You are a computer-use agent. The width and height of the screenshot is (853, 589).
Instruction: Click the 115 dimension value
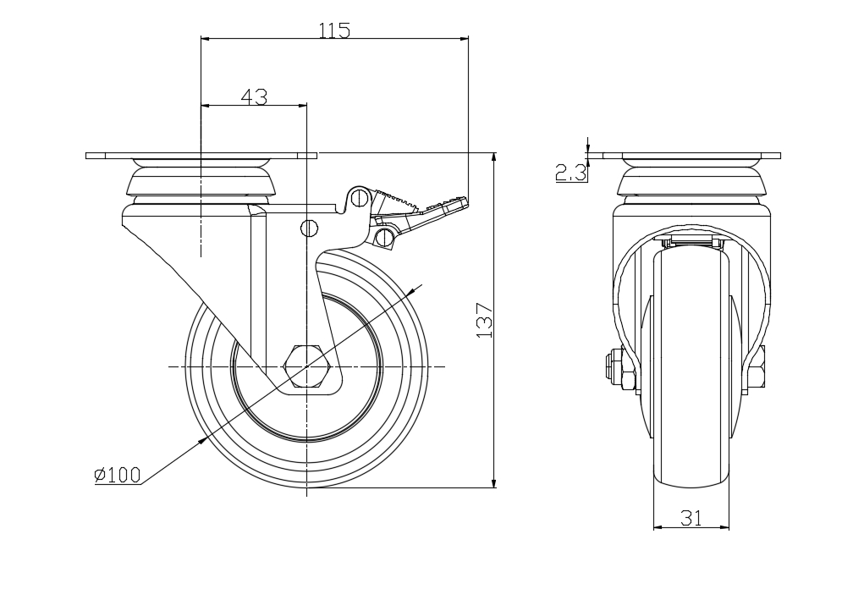point(334,30)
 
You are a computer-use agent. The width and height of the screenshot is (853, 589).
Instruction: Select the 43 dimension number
point(254,97)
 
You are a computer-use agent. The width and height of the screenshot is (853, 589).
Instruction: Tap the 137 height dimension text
point(484,321)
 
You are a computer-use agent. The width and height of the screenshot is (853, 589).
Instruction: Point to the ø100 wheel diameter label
point(117,475)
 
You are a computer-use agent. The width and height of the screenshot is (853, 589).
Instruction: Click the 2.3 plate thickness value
point(571,173)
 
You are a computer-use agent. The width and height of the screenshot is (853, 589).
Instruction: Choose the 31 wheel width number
point(691,518)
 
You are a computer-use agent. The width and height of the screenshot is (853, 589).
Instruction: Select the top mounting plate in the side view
point(201,156)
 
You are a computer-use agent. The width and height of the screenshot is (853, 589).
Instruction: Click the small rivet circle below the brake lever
point(310,227)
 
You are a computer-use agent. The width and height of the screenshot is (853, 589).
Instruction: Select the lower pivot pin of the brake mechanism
point(387,237)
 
